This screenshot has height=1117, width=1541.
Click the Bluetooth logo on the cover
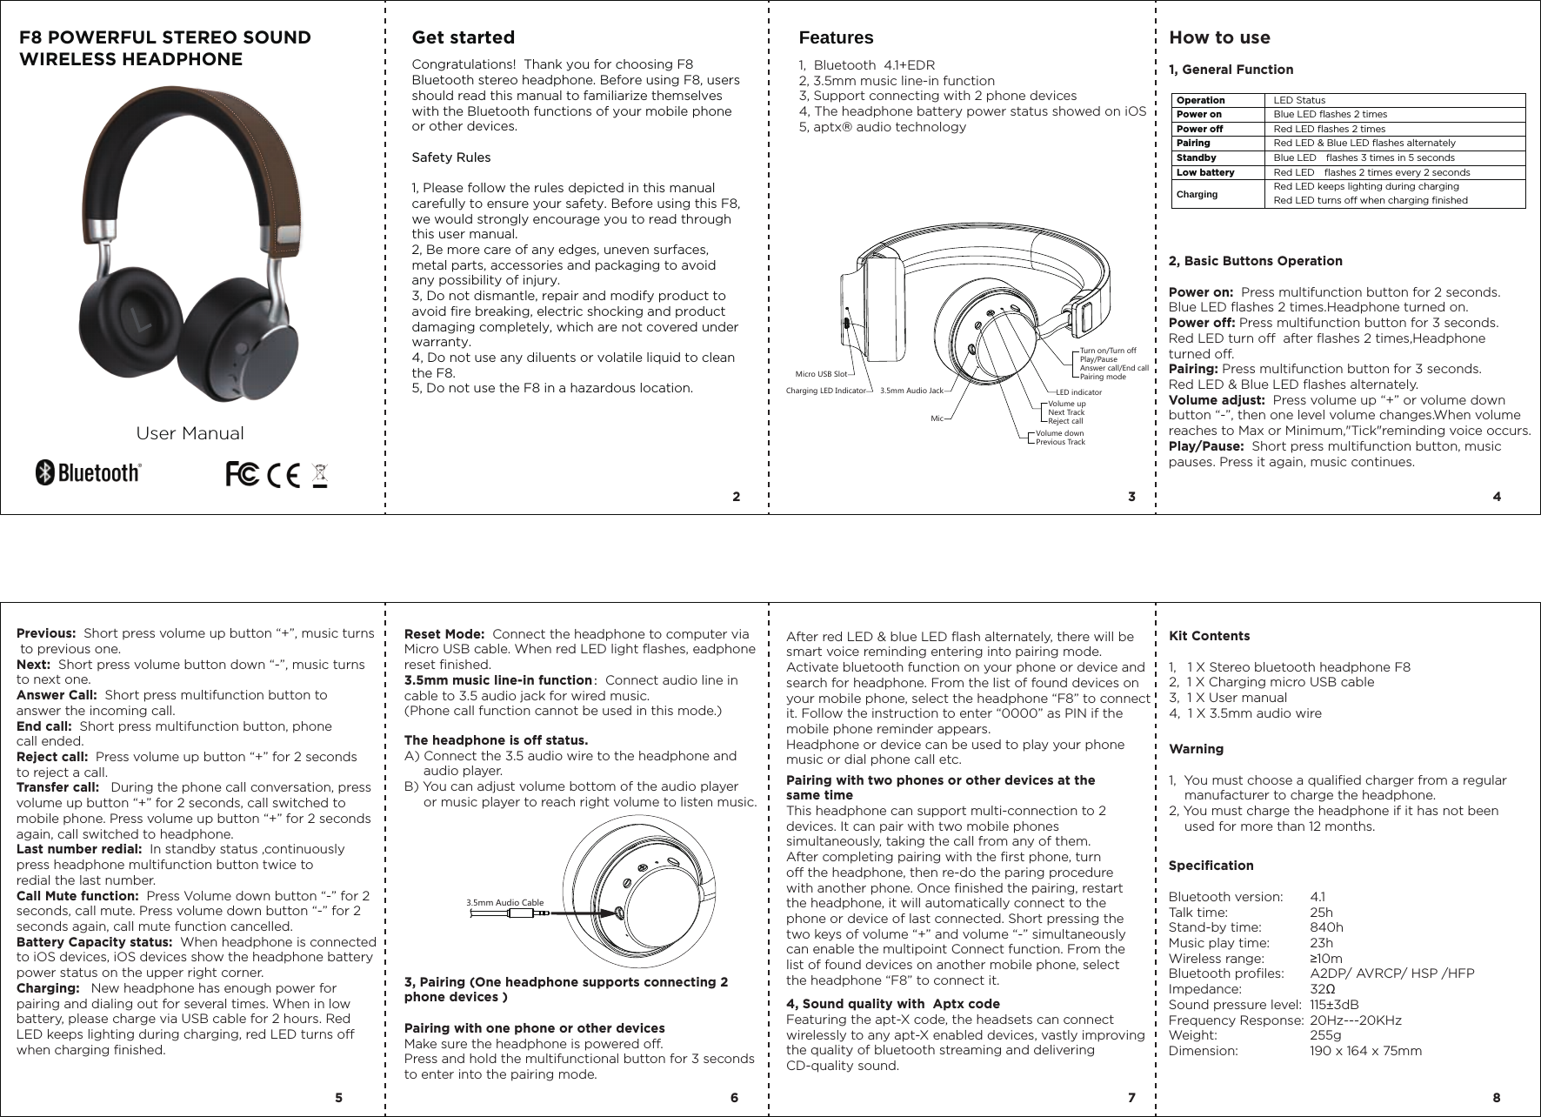coord(87,473)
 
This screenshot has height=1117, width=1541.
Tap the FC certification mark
coord(241,475)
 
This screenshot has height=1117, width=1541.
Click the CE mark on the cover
coord(284,475)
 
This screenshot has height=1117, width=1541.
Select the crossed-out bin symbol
coord(320,477)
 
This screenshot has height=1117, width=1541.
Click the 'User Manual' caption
coord(190,433)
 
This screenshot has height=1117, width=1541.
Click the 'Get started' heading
coord(463,38)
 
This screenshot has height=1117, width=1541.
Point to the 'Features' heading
coord(836,38)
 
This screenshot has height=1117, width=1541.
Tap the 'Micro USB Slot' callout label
coord(821,374)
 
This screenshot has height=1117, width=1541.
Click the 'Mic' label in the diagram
coord(937,418)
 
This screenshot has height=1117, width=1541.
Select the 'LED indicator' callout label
coord(1078,392)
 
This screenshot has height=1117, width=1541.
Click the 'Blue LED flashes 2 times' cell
coord(1331,114)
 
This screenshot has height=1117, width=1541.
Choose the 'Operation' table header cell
coord(1200,100)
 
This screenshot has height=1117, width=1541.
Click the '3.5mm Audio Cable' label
coord(505,903)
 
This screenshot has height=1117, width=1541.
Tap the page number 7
coord(1131,1098)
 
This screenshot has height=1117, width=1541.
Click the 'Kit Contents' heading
coord(1209,636)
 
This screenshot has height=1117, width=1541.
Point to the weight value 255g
coord(1325,1035)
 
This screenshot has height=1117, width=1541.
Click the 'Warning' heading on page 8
coord(1196,749)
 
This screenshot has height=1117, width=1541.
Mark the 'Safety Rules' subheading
coord(450,157)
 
